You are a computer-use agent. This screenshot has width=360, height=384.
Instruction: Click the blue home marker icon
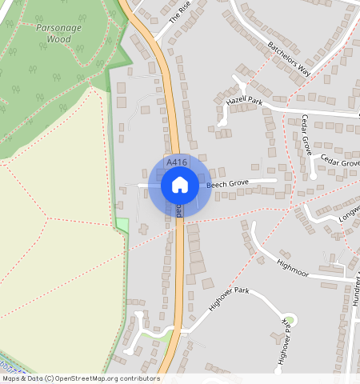coord(180,185)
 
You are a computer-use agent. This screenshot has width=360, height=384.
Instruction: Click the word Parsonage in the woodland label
coord(59,26)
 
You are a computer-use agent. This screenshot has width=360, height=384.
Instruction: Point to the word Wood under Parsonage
coord(58,38)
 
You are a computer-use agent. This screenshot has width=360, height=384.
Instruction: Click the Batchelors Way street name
coord(289,58)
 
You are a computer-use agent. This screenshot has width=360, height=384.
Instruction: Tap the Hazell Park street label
coord(245,102)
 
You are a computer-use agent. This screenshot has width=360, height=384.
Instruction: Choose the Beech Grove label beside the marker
coord(228,184)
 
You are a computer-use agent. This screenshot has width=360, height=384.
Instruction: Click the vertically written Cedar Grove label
coord(306,134)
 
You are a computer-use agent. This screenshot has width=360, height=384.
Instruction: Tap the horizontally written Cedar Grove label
coord(340,162)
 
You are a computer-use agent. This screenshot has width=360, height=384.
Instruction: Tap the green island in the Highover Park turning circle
coord(290,321)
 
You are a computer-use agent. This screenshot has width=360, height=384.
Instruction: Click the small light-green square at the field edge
coord(122,225)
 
